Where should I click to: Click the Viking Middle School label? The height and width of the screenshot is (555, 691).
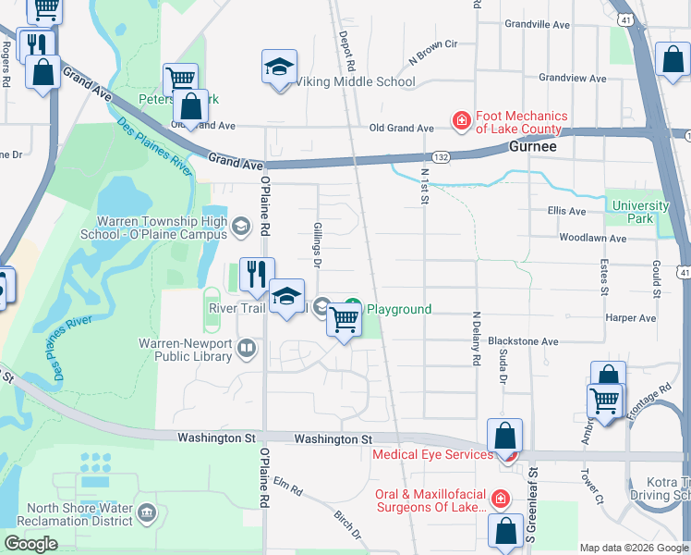356,81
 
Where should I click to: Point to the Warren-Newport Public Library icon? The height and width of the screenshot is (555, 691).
246,349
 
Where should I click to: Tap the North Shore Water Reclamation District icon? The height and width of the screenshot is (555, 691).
146,512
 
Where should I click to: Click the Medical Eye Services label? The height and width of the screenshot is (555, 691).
432,454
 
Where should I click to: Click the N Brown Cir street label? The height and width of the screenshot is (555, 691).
432,56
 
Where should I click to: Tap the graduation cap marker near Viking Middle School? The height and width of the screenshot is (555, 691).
279,68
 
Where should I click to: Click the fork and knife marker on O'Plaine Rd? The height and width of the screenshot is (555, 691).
256,274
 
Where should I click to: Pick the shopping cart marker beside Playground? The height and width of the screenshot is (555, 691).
344,320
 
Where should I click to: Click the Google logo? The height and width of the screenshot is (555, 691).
30,544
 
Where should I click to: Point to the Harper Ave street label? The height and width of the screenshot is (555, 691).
631,318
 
